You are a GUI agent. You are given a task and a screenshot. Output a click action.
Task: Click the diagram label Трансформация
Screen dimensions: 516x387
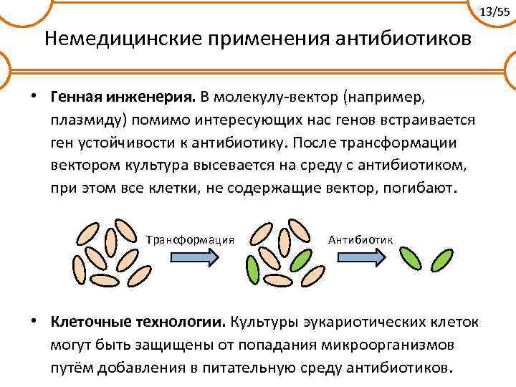(191, 238)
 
